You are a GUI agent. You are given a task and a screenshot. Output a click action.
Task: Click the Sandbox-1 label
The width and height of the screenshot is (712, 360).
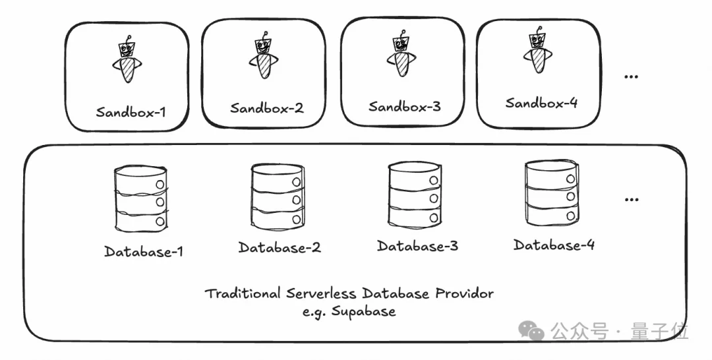(131, 111)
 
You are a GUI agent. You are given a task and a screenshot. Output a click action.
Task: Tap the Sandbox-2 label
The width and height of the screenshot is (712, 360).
(266, 108)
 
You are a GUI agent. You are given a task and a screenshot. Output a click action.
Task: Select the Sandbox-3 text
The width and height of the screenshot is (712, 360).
(404, 106)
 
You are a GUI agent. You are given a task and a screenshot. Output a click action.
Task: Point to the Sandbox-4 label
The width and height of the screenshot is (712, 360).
(541, 103)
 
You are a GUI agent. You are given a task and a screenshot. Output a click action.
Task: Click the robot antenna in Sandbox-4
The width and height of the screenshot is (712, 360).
(539, 30)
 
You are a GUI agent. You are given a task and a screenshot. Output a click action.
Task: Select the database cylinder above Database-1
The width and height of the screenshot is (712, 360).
(141, 199)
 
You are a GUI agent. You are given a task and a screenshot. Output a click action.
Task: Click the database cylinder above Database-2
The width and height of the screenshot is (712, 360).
(278, 197)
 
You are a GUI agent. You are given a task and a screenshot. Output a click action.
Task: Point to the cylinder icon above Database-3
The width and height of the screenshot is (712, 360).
(415, 196)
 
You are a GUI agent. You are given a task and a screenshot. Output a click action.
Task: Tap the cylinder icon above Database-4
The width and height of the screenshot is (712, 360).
(552, 193)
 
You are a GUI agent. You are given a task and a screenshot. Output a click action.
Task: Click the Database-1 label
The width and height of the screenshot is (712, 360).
(144, 251)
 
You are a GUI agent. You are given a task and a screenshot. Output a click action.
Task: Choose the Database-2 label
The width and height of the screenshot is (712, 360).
(280, 247)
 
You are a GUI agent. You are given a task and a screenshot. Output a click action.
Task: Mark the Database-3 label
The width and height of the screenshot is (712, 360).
(417, 245)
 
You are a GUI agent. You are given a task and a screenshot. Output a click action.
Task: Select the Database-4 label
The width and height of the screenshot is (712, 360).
(554, 245)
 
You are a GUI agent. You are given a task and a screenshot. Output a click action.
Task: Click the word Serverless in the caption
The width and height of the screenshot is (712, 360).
(321, 293)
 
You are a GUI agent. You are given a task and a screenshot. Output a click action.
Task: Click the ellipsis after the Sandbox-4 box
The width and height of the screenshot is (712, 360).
(631, 76)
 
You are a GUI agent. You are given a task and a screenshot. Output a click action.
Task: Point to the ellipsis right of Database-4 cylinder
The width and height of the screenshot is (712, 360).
(632, 199)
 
